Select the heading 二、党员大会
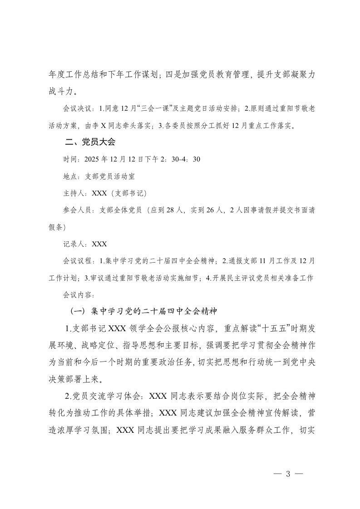90,142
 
